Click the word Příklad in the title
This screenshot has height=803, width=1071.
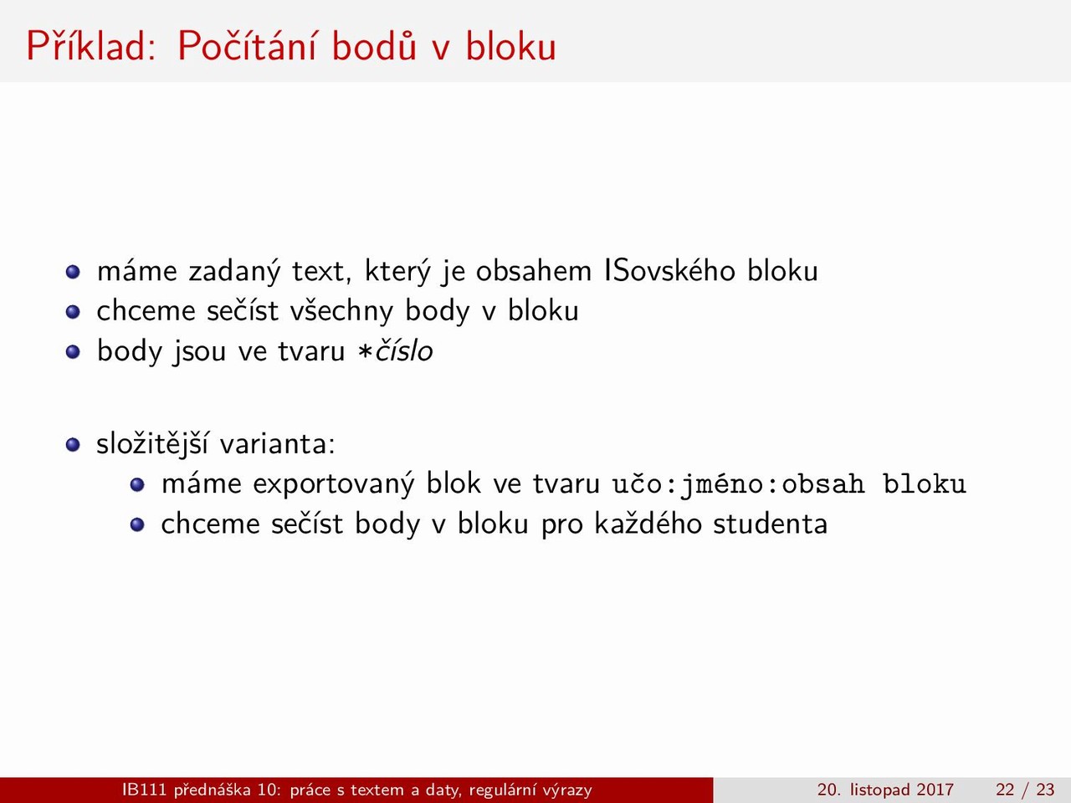pos(91,46)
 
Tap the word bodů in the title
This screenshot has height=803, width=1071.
pos(374,46)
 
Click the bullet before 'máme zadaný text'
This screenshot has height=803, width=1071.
pos(73,272)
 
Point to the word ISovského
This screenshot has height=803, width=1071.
pos(669,270)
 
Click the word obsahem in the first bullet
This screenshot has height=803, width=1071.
pos(533,270)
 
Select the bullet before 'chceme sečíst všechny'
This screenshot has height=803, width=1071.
pos(73,311)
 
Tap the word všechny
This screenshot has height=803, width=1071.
pos(341,311)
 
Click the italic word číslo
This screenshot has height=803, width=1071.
pos(404,350)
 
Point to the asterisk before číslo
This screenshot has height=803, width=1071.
pos(366,352)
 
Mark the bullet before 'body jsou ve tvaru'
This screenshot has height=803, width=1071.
pos(73,351)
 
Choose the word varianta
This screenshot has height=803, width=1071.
pos(277,444)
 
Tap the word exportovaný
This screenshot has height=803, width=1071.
pos(334,484)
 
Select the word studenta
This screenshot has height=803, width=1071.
pos(770,524)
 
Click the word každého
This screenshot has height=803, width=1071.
pos(648,524)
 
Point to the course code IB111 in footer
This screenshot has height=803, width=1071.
pos(144,790)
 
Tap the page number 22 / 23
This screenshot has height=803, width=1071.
pos(1025,790)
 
